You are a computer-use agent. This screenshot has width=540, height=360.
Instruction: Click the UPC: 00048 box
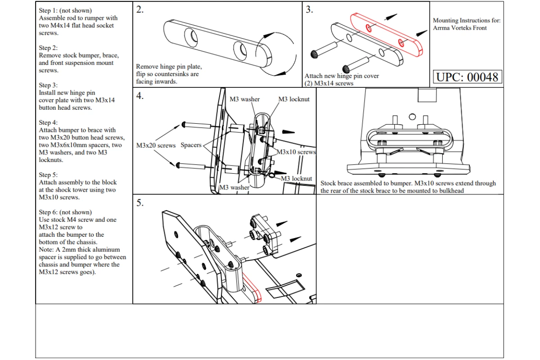pos(468,77)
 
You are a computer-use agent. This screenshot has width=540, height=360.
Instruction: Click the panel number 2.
pos(140,9)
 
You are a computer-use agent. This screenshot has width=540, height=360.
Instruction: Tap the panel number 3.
pos(310,9)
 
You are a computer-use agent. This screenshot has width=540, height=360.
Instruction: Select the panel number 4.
pos(140,96)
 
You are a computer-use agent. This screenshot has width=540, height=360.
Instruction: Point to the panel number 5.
pos(140,203)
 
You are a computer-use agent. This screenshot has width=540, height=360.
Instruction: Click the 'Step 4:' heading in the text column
pos(48,123)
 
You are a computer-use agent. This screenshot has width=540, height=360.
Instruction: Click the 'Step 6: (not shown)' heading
pos(65,212)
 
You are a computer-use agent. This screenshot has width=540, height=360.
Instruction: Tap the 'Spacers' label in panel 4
pos(191,145)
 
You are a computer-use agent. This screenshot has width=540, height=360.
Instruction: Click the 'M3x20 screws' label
pos(156,145)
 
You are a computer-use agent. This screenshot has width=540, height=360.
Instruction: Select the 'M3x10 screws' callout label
pos(296,152)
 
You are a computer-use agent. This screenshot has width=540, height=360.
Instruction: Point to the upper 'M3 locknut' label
pos(294,99)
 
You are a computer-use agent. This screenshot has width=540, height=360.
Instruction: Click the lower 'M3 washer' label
pos(234,187)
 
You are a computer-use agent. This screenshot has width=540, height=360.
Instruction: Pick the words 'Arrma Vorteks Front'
pos(460,28)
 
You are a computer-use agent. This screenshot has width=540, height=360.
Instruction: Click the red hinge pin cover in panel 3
pos(387,35)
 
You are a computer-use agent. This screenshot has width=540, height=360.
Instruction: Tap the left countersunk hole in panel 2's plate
pos(191,37)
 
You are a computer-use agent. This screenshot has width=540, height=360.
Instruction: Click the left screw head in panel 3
pos(314,54)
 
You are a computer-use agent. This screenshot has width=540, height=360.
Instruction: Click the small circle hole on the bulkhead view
pos(412,117)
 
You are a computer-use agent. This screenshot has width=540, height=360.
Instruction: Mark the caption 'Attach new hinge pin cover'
pos(342,76)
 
